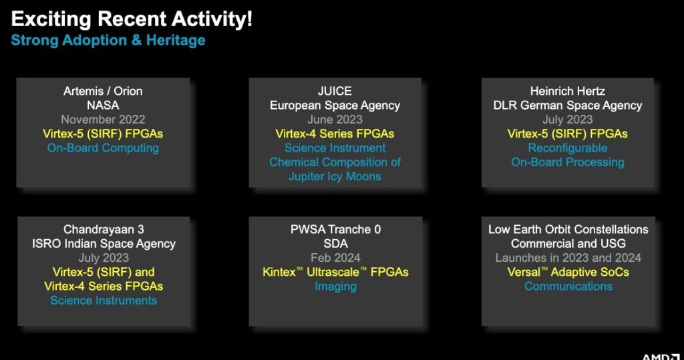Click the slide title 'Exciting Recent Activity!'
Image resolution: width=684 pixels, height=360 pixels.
[x=132, y=19]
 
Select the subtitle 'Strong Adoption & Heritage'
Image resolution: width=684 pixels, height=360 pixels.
[x=108, y=40]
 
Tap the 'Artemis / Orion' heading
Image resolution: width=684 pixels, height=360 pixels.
[x=103, y=91]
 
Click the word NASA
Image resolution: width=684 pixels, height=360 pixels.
[x=103, y=105]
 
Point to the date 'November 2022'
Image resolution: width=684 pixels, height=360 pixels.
[x=103, y=119]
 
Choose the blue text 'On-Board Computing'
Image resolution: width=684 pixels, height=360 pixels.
[x=103, y=148]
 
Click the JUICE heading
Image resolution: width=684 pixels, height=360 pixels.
[x=335, y=91]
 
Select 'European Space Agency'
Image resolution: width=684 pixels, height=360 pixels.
[x=335, y=106]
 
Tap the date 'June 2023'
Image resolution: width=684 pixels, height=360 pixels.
[x=335, y=119]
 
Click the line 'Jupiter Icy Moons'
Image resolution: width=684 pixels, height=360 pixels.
[x=335, y=176]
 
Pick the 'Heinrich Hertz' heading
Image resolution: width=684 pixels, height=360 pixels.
[x=568, y=91]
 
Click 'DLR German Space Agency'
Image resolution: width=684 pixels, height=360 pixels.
[x=568, y=106]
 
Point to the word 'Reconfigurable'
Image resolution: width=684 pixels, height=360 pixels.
[x=568, y=148]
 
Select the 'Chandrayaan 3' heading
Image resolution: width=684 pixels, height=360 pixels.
[x=104, y=229]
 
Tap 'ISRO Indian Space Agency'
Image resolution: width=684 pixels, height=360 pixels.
[x=104, y=244]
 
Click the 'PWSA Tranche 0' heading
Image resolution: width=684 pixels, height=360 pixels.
[x=335, y=229]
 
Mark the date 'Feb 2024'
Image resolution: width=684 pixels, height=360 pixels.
[x=335, y=257]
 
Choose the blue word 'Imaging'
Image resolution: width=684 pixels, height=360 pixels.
[x=335, y=287]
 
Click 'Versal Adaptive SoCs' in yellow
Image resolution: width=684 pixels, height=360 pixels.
[x=568, y=272]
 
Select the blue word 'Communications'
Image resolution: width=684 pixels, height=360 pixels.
[x=568, y=287]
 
